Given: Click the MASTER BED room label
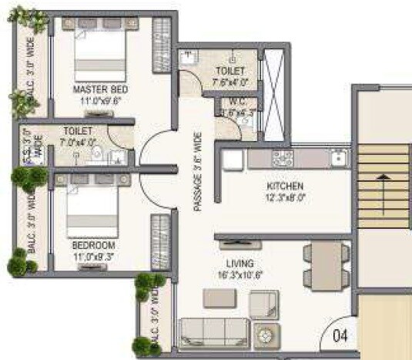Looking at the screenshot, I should point(99,89).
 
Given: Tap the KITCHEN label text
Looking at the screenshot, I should point(285,187).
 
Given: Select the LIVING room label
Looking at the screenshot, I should point(237,262).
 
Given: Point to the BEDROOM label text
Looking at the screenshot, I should point(93,245).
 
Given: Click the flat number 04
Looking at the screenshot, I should point(340,336).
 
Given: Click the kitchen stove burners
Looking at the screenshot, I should point(283,159).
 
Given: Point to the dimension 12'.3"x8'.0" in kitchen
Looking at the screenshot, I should point(285,197).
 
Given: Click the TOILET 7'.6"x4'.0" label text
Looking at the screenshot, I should point(232,76).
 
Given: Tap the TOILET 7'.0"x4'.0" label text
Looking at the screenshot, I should point(79,136).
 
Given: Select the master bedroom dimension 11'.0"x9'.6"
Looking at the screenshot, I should point(99,99).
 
